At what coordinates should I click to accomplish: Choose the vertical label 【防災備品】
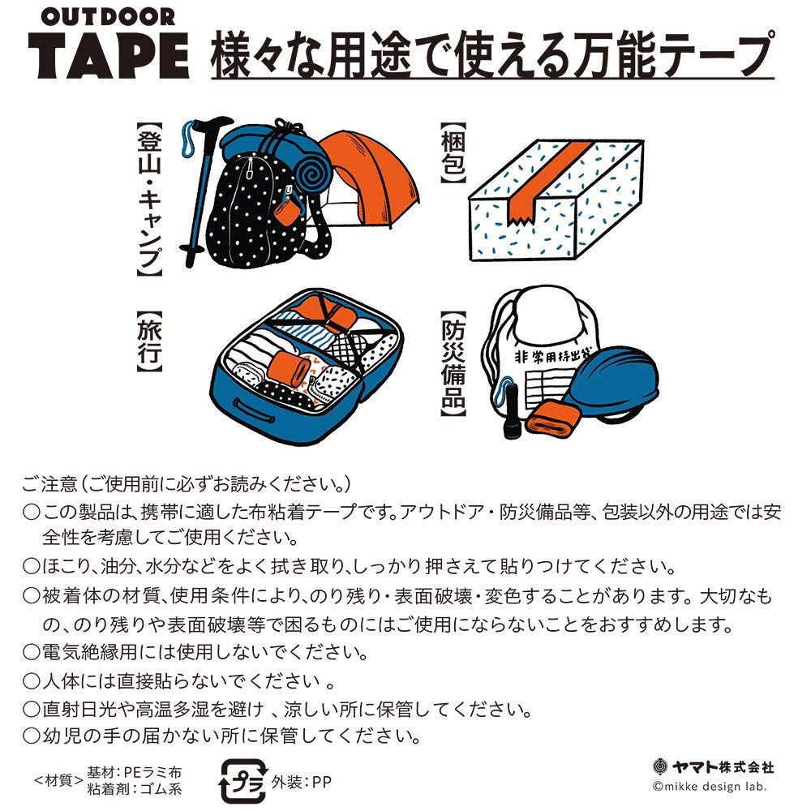(453, 366)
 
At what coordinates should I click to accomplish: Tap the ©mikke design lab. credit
(710, 786)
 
